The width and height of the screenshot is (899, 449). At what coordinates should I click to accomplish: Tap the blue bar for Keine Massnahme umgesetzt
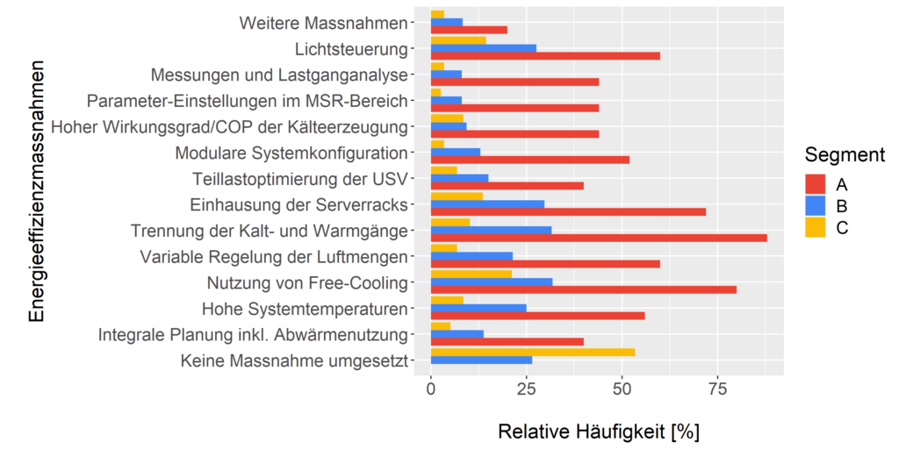tap(481, 360)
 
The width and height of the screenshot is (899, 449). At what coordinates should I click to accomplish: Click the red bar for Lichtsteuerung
tap(545, 55)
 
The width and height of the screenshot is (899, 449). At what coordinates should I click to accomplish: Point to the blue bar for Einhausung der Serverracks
tap(487, 204)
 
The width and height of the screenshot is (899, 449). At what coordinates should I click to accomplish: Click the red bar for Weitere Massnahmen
tap(469, 30)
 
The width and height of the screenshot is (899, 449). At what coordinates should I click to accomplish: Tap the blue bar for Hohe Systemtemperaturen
tap(478, 308)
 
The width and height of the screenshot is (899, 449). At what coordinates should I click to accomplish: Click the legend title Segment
tap(844, 156)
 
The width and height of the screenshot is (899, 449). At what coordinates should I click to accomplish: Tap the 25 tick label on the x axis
tap(526, 388)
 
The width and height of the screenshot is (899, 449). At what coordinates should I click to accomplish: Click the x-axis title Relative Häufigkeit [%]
tap(598, 431)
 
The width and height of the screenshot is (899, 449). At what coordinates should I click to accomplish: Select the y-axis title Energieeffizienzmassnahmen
tap(36, 191)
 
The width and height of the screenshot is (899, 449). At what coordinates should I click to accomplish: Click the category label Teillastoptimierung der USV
tap(299, 180)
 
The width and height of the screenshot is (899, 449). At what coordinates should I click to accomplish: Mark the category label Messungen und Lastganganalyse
tap(279, 75)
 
